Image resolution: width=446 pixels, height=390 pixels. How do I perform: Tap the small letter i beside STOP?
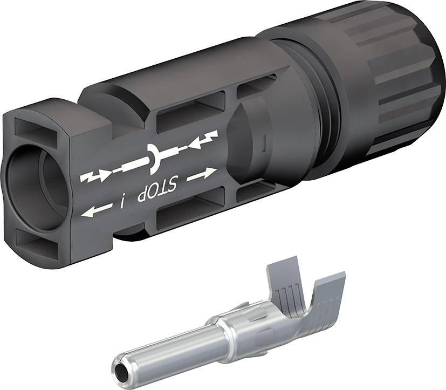point(123,202)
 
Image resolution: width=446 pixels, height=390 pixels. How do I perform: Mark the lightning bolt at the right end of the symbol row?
point(209,138)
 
